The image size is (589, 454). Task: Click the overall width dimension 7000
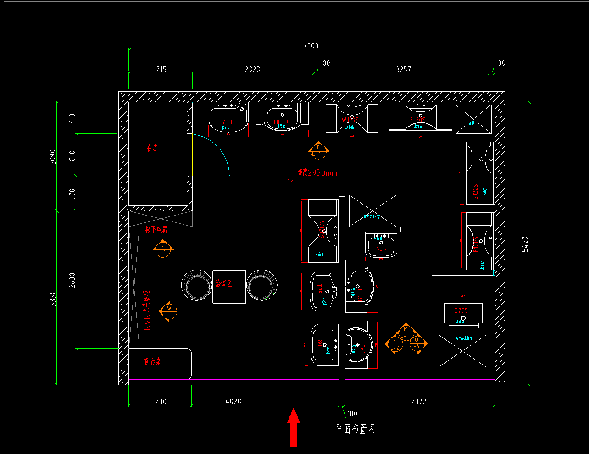(x=311, y=45)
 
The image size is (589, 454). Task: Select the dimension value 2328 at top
(x=252, y=69)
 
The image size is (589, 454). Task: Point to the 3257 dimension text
(x=403, y=69)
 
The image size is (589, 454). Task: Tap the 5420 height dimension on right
(x=525, y=244)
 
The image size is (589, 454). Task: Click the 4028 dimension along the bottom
(x=233, y=401)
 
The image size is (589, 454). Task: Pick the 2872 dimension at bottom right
(x=418, y=401)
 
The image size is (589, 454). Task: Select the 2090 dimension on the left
(x=53, y=157)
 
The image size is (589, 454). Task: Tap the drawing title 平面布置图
(x=356, y=429)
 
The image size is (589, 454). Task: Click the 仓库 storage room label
(x=152, y=149)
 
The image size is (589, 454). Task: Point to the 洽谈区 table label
(x=223, y=283)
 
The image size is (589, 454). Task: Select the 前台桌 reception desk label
(x=153, y=361)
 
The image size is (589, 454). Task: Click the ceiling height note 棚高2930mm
(x=317, y=173)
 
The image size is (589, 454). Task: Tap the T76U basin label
(x=225, y=122)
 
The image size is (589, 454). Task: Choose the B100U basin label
(x=280, y=122)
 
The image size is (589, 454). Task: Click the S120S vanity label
(x=476, y=192)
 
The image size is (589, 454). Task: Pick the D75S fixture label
(x=461, y=310)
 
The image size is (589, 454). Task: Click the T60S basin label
(x=379, y=249)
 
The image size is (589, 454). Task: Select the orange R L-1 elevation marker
(x=162, y=249)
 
